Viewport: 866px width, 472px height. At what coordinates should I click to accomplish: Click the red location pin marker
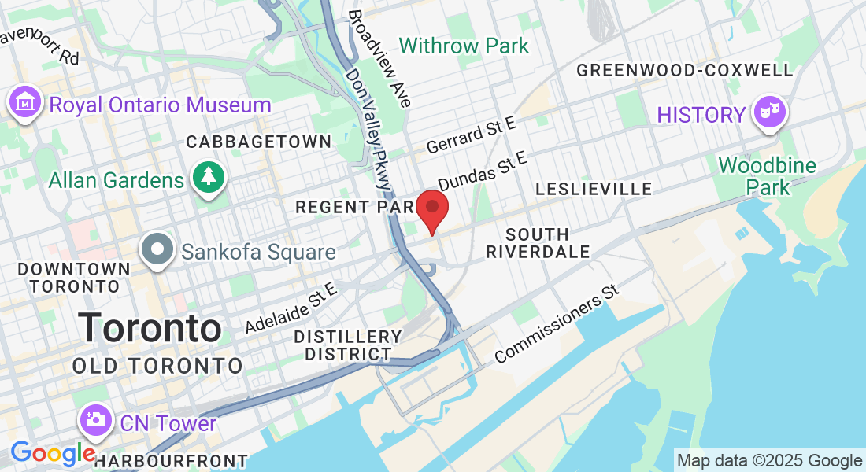pos(431,208)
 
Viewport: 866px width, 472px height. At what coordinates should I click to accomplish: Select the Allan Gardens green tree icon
pos(208,180)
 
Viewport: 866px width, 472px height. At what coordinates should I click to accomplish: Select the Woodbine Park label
pos(754,177)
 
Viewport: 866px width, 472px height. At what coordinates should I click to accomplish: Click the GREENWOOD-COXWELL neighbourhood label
pos(684,70)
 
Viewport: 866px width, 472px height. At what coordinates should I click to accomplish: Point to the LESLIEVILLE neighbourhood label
pos(593,189)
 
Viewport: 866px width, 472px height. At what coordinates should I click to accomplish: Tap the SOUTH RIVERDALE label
pos(538,243)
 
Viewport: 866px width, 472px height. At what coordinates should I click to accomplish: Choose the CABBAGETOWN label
pos(259,142)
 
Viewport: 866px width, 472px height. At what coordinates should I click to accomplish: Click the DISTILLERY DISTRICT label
pos(347,345)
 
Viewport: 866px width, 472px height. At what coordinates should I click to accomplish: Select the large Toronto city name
pos(150,328)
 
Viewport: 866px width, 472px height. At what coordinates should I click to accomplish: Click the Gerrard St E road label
pos(471,134)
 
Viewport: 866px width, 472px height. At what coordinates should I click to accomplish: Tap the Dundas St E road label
pos(481,172)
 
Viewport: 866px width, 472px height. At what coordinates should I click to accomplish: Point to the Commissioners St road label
pos(557,324)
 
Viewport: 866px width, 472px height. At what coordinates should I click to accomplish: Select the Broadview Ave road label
pos(379,59)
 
